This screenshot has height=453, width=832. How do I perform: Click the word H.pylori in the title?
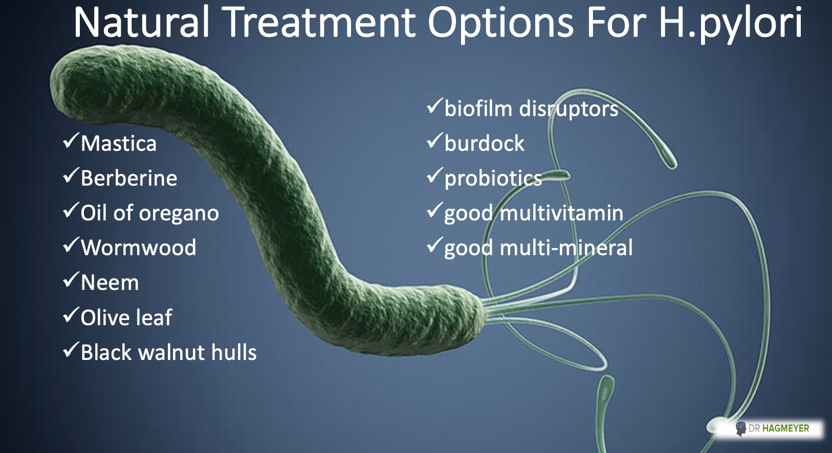point(730,23)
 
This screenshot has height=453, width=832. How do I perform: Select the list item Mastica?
point(118,144)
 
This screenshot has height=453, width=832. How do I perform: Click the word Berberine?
point(129,178)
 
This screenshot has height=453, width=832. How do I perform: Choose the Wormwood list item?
point(138,248)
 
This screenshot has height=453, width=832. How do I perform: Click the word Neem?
point(110,283)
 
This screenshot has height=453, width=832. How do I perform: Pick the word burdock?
point(484,144)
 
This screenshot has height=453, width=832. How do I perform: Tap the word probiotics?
point(493,178)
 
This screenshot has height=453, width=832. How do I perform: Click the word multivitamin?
point(561,213)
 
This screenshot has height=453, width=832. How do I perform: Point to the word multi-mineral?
point(566,248)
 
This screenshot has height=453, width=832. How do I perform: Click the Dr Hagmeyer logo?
point(773,428)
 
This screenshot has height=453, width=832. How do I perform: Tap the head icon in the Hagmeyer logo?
point(740,428)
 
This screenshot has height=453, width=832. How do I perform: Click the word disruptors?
point(568,109)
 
